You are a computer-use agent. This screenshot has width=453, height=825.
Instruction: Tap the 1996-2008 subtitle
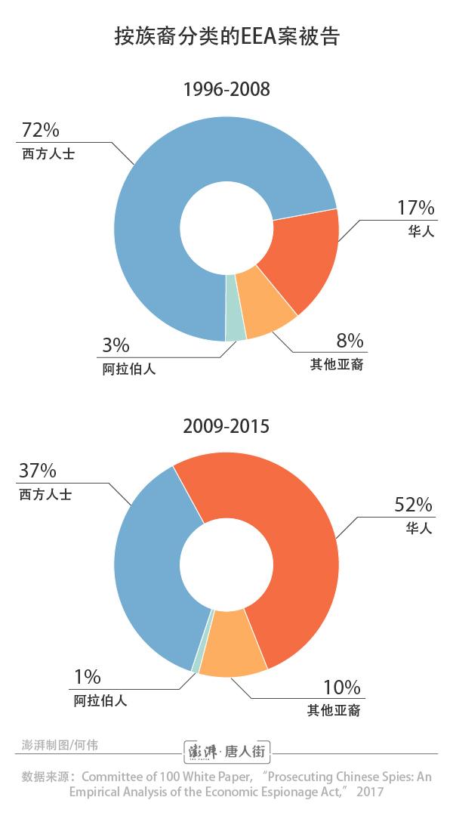click(x=226, y=90)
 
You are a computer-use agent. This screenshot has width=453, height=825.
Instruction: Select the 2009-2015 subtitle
click(x=226, y=426)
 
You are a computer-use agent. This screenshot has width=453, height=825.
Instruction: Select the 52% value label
click(x=413, y=505)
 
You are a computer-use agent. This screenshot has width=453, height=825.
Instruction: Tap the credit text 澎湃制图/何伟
click(x=60, y=744)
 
